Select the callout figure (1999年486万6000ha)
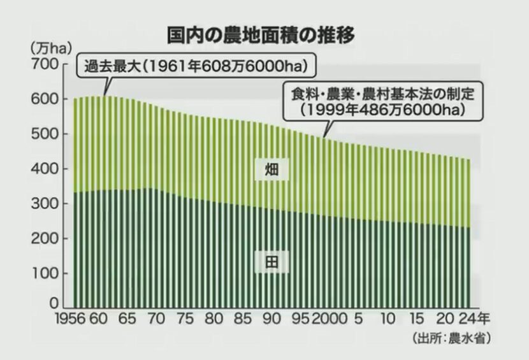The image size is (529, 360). pyautogui.click(x=382, y=109)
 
